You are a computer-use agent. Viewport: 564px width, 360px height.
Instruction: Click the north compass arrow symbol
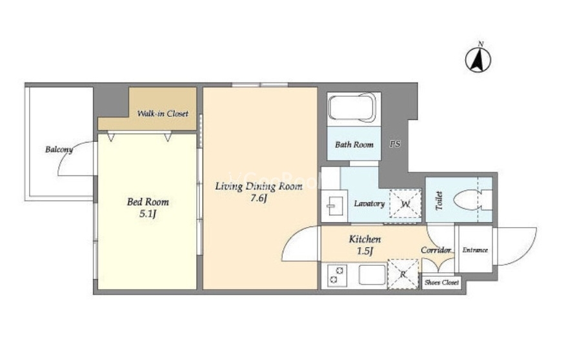[x=478, y=60]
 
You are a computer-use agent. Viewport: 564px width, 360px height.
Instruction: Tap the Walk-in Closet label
[x=163, y=114]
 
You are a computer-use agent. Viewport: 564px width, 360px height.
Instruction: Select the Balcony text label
[x=59, y=149]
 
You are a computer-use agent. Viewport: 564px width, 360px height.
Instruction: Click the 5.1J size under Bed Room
[x=148, y=214]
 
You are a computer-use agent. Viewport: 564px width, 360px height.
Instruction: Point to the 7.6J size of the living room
[x=259, y=198]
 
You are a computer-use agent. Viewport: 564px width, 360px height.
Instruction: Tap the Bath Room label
[x=354, y=145]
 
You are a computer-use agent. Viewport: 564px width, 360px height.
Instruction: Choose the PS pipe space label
[x=395, y=144]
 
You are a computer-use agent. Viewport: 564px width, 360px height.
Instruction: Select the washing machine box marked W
[x=406, y=204]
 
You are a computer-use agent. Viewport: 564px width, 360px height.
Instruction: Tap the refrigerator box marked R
[x=403, y=274]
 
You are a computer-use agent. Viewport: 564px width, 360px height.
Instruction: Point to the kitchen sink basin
[x=372, y=275]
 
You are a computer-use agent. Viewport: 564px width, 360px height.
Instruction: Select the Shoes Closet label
[x=441, y=283]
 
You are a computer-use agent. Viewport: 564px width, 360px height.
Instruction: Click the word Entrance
[x=475, y=250]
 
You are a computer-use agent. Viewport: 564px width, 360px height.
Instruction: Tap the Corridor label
[x=436, y=250]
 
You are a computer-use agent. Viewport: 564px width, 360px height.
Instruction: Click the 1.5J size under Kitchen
[x=365, y=251]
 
